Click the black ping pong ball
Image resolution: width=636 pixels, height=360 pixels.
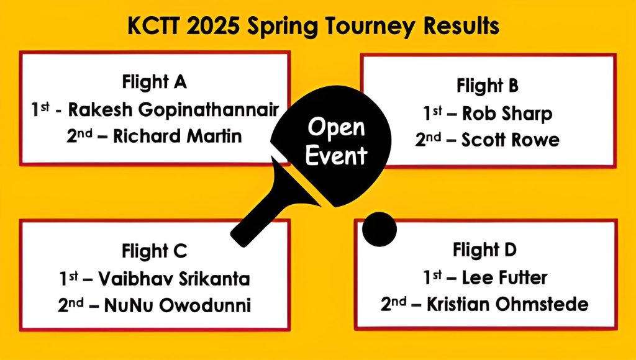(379, 229)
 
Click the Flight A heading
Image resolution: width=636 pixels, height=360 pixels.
(155, 82)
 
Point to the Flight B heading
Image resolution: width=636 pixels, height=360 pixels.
(488, 86)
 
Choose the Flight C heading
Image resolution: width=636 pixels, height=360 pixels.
(155, 251)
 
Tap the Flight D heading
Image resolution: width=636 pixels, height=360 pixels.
(485, 250)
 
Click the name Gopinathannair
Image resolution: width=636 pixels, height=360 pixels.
(209, 110)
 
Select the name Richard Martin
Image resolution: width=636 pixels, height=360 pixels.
(177, 136)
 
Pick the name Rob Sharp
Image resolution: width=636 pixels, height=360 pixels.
(507, 114)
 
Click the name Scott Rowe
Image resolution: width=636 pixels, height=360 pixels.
(511, 140)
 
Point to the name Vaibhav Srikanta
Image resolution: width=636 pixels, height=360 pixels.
(174, 279)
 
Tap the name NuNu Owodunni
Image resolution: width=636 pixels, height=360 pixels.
(177, 305)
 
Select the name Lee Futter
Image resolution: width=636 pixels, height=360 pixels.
(504, 277)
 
